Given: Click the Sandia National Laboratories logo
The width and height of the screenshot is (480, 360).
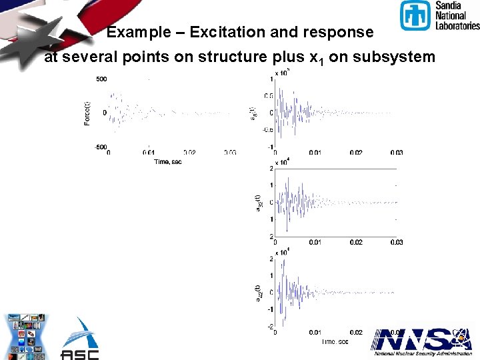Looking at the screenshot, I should [439, 16].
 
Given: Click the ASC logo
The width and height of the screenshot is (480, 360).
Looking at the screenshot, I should [80, 340].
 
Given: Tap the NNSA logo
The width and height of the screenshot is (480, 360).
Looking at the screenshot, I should [421, 341].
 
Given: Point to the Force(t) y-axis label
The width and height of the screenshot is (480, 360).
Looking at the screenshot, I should [87, 113].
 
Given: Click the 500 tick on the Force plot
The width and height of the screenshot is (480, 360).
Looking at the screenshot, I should [101, 79].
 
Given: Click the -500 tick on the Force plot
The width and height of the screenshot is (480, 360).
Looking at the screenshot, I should [99, 147].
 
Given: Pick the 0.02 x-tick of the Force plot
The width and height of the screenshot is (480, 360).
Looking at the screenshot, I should [189, 153].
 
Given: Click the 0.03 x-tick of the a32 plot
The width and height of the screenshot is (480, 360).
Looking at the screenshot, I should [396, 242].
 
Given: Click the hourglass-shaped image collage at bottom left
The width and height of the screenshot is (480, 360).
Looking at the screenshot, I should [26, 336].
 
